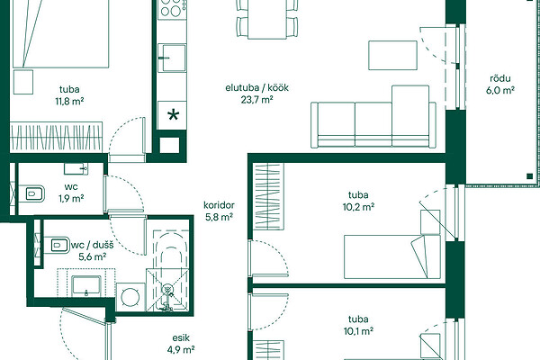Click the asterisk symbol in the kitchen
[173, 115]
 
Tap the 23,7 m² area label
[256, 100]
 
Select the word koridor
[219, 205]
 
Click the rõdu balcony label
[500, 78]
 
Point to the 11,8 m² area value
[70, 102]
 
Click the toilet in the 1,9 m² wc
[31, 193]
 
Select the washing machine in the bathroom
[130, 297]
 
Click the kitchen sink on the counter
[172, 58]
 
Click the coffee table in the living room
[393, 55]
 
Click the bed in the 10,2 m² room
[392, 256]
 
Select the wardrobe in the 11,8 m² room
[57, 137]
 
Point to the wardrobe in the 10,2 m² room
[268, 197]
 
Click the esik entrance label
[181, 338]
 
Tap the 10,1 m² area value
[358, 331]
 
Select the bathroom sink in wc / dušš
[86, 286]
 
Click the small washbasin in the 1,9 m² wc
[76, 169]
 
